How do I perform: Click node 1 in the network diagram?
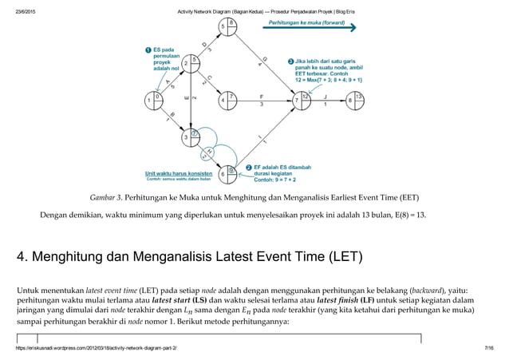(x=152, y=101)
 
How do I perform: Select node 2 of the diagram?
(x=190, y=64)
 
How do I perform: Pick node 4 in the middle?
(x=227, y=101)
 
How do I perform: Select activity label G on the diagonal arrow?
(x=264, y=60)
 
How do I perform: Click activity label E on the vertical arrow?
(x=186, y=99)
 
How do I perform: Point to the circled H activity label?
(x=209, y=151)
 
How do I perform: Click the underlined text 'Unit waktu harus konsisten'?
(x=175, y=172)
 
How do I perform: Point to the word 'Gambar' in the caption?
(x=102, y=196)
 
